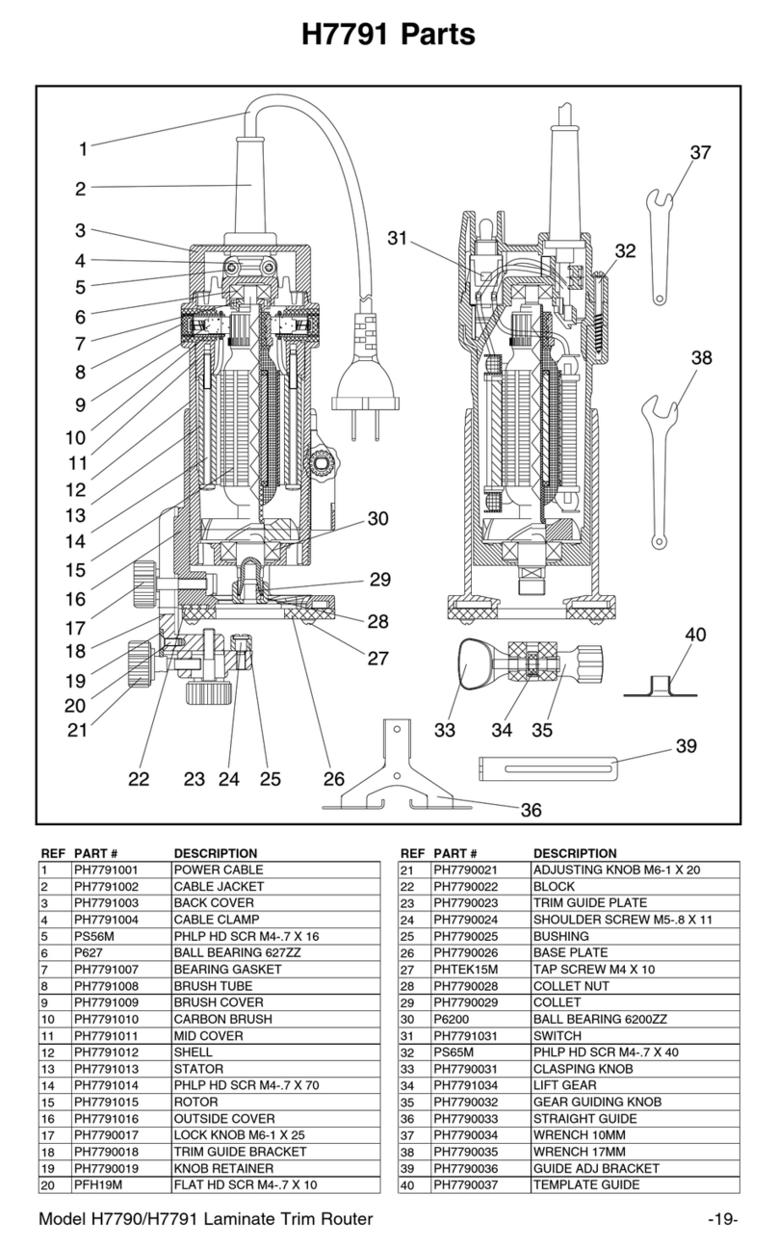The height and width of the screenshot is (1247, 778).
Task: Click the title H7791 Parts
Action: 388,36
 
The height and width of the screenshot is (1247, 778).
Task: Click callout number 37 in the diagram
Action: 700,153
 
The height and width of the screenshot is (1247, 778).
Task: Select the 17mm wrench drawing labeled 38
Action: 662,453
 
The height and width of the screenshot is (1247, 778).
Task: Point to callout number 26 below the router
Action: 333,778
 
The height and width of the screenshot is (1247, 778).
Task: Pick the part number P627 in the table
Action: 87,952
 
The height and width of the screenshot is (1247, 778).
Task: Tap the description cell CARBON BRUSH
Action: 221,1019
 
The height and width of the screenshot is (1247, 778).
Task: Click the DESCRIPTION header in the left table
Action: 215,853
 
